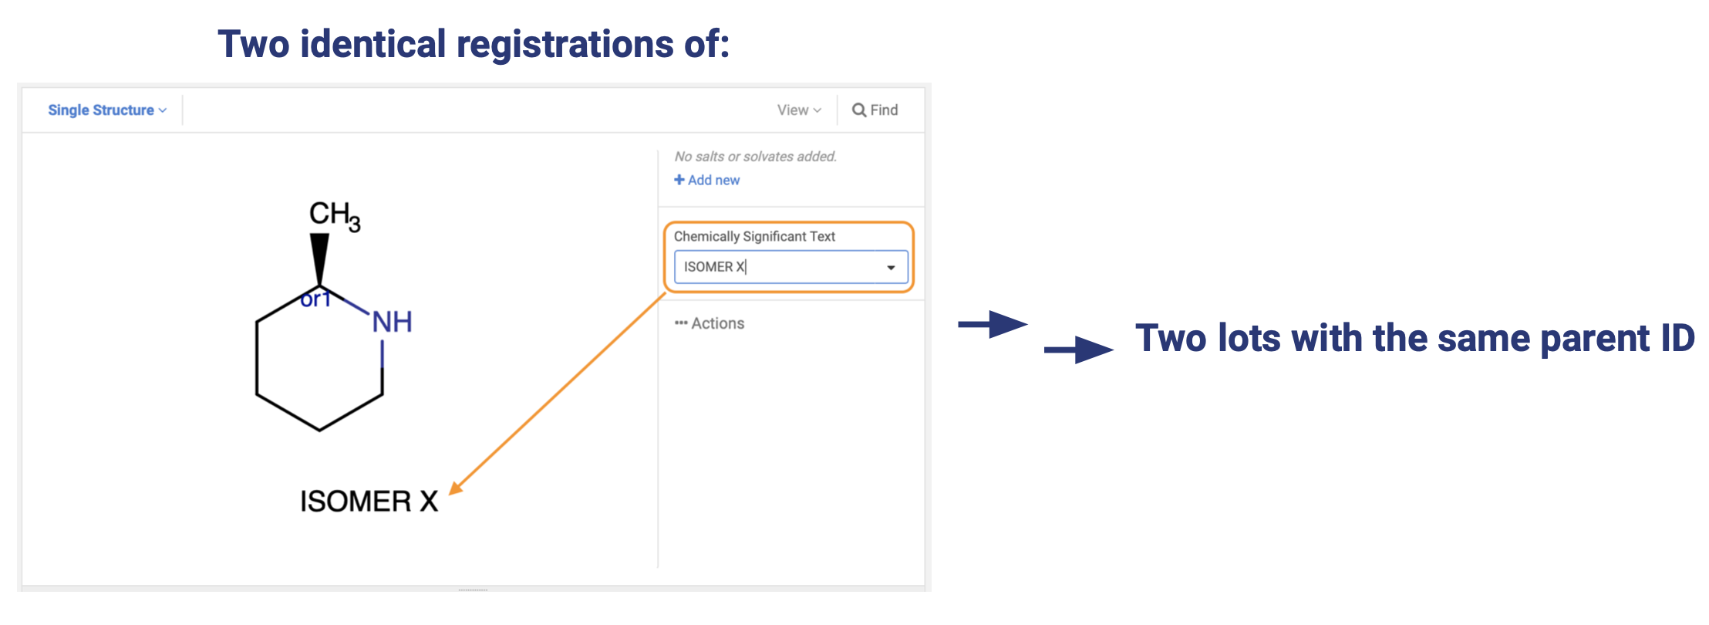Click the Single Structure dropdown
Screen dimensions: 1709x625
107,110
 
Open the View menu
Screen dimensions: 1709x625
799,110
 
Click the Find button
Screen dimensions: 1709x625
875,110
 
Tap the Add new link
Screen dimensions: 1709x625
707,180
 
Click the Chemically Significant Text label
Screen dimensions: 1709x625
754,236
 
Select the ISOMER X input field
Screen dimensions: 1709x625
790,267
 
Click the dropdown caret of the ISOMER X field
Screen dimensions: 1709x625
891,268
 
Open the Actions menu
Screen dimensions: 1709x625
710,323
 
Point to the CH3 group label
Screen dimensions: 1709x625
335,215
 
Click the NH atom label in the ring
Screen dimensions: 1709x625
392,322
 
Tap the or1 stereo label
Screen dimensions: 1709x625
315,299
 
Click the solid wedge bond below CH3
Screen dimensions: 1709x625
319,259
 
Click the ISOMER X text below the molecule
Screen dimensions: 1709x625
369,502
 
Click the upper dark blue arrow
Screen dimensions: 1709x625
993,324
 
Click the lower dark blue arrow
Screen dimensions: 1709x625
1078,350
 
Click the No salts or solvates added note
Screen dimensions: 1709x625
755,157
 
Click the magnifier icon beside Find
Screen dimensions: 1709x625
859,110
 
